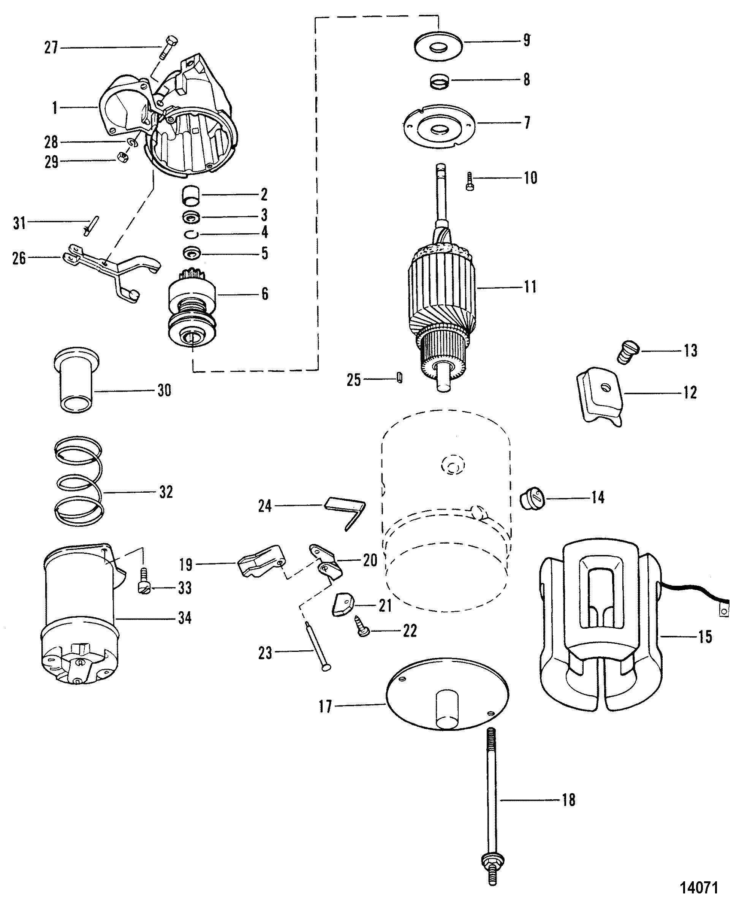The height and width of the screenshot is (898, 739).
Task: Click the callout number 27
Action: (x=51, y=47)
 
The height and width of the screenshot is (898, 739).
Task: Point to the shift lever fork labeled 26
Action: (x=112, y=271)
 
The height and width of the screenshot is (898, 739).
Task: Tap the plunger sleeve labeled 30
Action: (x=75, y=379)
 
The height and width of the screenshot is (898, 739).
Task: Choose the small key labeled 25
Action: (x=399, y=378)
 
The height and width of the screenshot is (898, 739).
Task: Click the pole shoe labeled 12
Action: (x=601, y=395)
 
